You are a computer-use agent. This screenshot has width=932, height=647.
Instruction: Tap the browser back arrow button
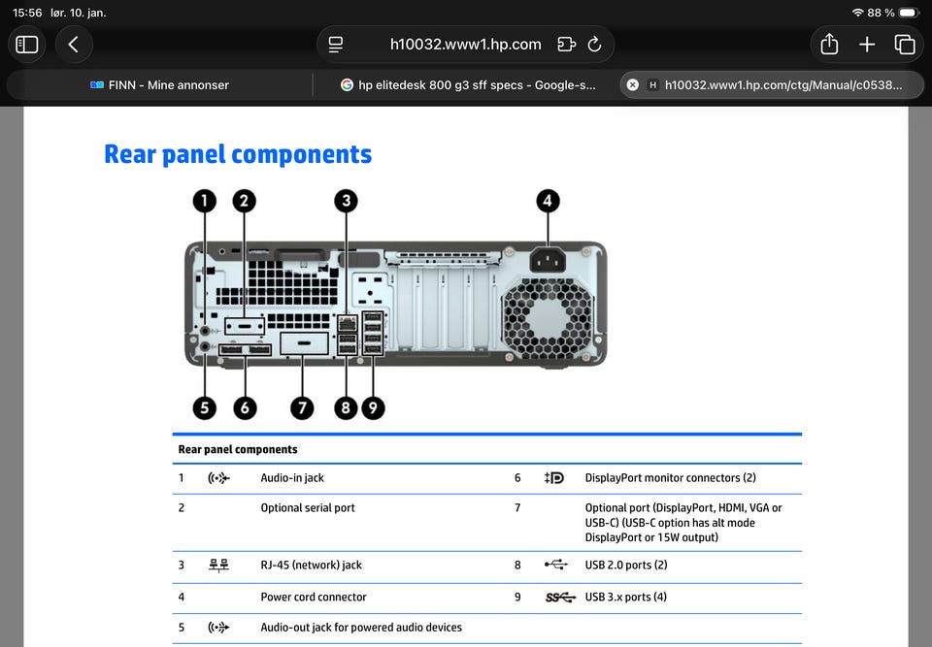point(73,45)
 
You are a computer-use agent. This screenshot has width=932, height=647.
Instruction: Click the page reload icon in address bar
point(594,45)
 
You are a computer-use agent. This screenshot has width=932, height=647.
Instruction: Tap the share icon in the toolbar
point(829,44)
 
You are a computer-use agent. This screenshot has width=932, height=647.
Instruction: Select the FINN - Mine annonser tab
point(159,85)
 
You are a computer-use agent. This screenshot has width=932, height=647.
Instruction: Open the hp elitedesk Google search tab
point(468,85)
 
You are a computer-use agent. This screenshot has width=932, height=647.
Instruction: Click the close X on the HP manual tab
point(633,85)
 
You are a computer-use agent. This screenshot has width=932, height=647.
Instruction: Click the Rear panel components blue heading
point(238,154)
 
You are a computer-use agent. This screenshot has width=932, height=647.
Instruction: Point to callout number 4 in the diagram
point(548,201)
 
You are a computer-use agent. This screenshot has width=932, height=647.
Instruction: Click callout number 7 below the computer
point(302,408)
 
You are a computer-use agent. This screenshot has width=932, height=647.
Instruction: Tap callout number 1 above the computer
point(205,201)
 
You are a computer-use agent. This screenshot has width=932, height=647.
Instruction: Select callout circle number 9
point(373,408)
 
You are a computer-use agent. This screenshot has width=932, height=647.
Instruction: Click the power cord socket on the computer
point(548,259)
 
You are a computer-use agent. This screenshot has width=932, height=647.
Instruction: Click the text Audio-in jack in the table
point(292,477)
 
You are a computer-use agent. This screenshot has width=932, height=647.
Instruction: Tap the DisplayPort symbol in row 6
point(554,477)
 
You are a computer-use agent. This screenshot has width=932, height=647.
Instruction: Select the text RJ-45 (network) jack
point(311,565)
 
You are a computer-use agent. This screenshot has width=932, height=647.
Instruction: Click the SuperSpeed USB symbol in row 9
point(560,598)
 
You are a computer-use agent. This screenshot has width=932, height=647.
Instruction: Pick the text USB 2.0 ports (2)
point(626,565)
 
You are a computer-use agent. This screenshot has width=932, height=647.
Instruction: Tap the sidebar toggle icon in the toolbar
point(27,45)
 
